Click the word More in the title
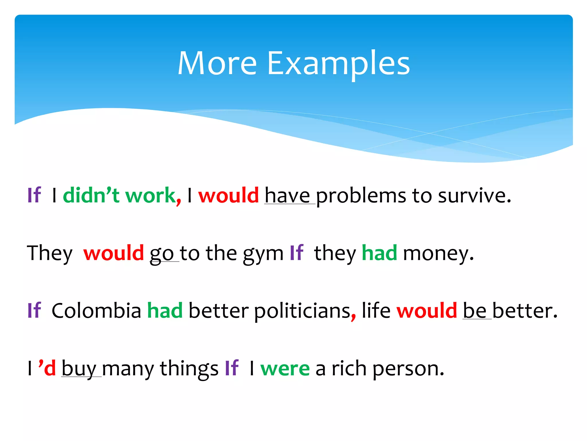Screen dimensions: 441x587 coord(217,64)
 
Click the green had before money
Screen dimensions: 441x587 coord(379,253)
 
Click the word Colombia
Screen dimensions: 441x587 coord(97,311)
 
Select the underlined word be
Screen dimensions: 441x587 coord(475,311)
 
